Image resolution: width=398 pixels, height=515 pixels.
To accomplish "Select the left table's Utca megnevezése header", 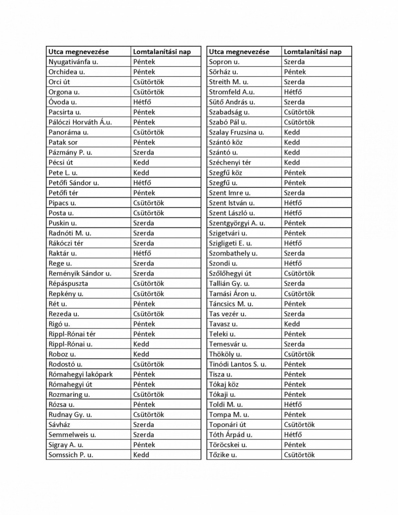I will click(79, 52).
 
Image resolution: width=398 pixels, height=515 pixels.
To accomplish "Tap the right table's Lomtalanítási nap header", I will click(313, 52).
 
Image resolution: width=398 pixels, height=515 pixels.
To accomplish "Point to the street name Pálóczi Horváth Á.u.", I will click(80, 122).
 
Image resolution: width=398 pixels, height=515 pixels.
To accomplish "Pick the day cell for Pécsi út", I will click(141, 163).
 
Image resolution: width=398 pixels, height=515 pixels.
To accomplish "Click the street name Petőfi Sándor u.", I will click(74, 183).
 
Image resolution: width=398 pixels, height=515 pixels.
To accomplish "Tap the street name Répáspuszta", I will click(68, 284).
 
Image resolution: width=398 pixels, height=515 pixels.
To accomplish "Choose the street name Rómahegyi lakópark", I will click(81, 374).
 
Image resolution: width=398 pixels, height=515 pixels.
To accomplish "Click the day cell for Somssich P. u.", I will click(141, 455).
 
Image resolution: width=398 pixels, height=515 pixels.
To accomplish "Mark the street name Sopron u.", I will click(224, 62).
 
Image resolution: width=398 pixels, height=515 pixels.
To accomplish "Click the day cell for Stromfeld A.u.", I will click(293, 92).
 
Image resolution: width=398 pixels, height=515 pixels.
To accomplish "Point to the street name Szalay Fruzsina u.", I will click(236, 132).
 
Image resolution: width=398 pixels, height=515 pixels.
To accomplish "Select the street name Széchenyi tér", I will click(230, 163).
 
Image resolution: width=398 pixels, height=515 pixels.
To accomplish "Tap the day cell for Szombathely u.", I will click(294, 253).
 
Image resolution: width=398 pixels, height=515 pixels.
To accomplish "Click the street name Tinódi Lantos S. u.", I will click(237, 364).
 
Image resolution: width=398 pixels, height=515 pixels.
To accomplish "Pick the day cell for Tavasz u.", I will click(292, 324).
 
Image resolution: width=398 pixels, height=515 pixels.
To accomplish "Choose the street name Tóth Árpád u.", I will click(231, 434).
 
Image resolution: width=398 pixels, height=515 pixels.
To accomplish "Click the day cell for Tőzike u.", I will click(299, 455).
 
